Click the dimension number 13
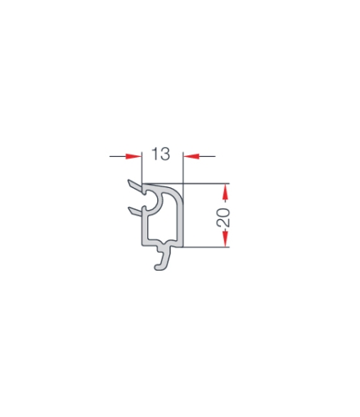click(161, 154)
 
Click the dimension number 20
click(223, 217)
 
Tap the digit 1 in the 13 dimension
click(155, 154)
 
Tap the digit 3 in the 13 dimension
click(165, 154)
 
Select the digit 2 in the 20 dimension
click(223, 222)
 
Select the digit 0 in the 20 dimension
click(223, 213)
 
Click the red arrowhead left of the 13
click(133, 156)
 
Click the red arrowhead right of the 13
click(191, 156)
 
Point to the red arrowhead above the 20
click(225, 192)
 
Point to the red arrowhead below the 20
click(225, 239)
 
